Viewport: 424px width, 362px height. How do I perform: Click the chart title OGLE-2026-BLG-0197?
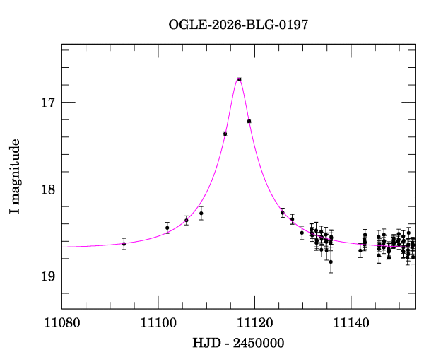click(x=238, y=25)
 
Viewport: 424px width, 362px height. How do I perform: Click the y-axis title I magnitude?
click(x=15, y=176)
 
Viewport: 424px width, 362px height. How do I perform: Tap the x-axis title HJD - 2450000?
click(x=238, y=343)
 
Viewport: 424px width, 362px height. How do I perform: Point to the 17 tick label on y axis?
click(x=48, y=103)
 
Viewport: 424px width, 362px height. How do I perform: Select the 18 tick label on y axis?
click(x=48, y=189)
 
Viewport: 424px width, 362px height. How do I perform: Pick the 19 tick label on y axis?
click(x=48, y=276)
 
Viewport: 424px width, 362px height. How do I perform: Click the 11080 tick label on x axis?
click(x=62, y=323)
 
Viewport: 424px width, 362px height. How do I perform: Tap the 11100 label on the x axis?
click(x=158, y=323)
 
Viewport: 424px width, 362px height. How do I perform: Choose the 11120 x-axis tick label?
click(x=254, y=323)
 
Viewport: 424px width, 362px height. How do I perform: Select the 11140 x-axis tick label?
click(x=351, y=323)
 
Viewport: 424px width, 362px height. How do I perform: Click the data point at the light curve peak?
click(x=239, y=79)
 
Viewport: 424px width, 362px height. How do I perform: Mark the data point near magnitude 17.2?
click(x=249, y=121)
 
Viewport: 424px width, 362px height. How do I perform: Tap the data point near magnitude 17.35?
click(x=225, y=134)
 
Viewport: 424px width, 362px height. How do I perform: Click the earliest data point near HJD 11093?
click(x=124, y=244)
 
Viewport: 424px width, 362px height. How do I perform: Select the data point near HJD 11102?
click(x=167, y=228)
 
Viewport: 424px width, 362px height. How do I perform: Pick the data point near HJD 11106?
click(x=187, y=220)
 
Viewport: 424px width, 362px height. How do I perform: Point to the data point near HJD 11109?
click(x=201, y=214)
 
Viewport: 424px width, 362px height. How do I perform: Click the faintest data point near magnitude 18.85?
click(x=331, y=262)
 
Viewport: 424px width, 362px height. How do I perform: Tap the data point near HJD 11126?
click(x=283, y=213)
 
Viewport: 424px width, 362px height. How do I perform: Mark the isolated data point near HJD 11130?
click(x=302, y=233)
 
